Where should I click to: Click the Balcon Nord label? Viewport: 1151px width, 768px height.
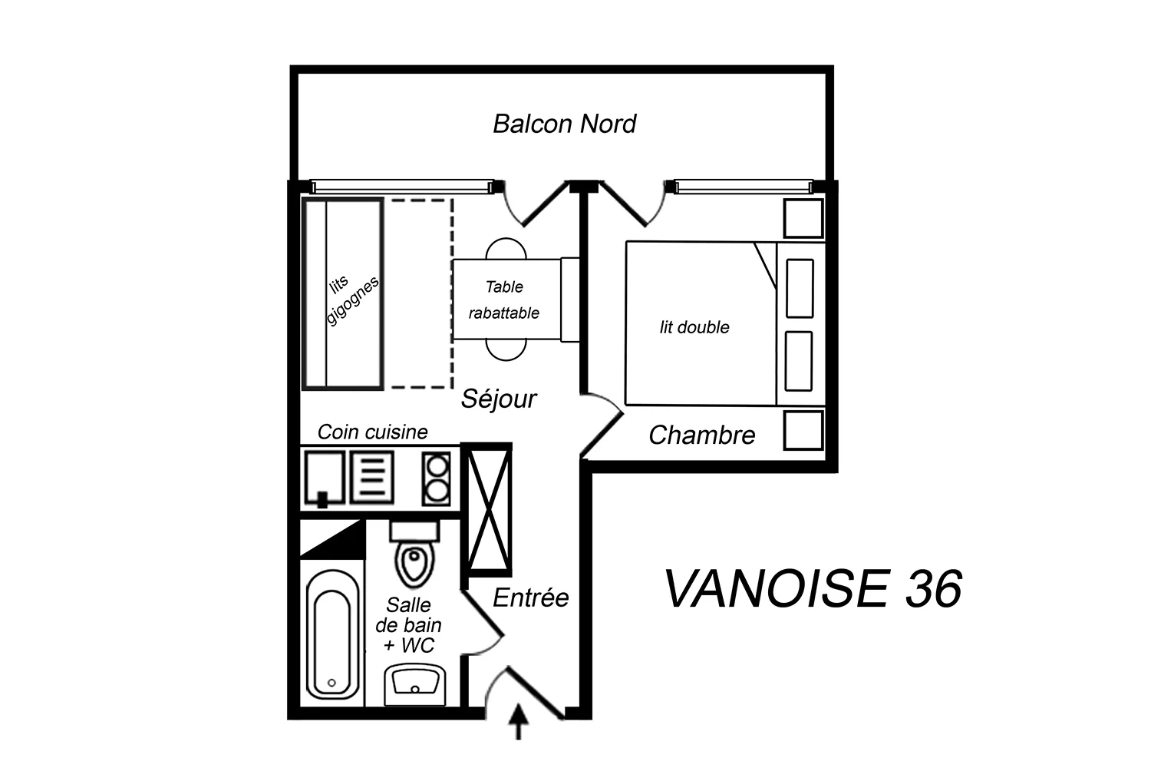click(564, 124)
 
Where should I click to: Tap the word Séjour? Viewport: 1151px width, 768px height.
click(499, 399)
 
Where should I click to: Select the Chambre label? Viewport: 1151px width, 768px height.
click(702, 435)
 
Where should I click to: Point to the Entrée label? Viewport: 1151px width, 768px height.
click(531, 598)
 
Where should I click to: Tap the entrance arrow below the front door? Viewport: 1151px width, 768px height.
click(519, 722)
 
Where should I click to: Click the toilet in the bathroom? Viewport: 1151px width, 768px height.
click(414, 554)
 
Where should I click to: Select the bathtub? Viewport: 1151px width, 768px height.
click(332, 634)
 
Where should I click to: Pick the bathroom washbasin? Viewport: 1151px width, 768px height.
click(415, 684)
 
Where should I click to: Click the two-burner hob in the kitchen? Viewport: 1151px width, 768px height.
click(437, 479)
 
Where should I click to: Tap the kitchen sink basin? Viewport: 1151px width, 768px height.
click(325, 478)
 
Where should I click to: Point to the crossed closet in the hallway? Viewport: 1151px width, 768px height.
click(488, 509)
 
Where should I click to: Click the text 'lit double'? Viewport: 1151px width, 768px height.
click(694, 327)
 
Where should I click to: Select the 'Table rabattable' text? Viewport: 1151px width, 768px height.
click(504, 300)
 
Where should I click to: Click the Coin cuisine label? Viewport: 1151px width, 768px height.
click(372, 432)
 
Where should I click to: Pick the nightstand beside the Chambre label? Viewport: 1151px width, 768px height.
click(803, 430)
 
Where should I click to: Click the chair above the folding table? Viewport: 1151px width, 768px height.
click(506, 249)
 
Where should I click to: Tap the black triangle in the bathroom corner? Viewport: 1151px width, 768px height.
click(332, 539)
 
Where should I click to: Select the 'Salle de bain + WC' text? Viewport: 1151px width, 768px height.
click(408, 625)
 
